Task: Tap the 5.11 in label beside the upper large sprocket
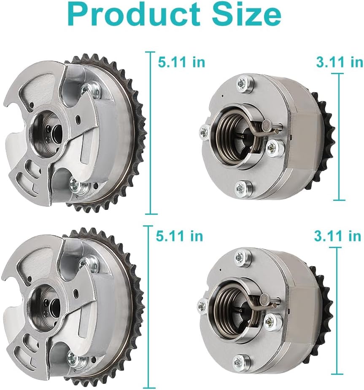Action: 181,62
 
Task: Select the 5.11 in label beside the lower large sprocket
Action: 179,236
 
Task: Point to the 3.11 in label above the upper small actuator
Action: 340,62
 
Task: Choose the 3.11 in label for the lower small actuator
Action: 337,236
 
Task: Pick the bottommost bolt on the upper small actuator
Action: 242,187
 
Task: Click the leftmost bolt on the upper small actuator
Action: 205,133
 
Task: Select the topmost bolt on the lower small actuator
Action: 240,256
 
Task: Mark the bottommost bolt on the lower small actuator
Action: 239,361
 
